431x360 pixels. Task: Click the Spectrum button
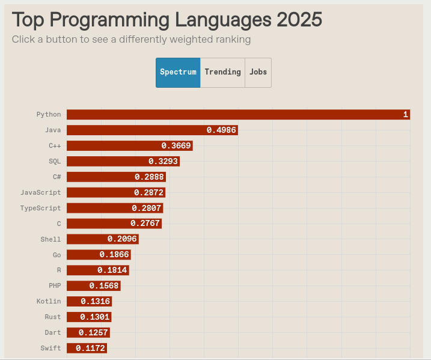click(x=178, y=72)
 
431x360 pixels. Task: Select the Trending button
click(x=222, y=72)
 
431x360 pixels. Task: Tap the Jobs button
click(x=258, y=72)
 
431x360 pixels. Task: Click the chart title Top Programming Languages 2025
click(x=167, y=19)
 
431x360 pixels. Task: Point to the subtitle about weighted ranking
click(x=131, y=40)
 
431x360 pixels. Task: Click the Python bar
click(x=238, y=114)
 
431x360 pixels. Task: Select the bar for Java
click(x=152, y=130)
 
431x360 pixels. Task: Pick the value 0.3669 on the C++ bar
click(x=176, y=145)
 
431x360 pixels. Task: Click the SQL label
click(x=55, y=161)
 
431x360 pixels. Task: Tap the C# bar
click(x=115, y=177)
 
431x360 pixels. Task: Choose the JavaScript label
click(x=41, y=192)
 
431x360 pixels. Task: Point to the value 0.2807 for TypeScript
click(x=147, y=208)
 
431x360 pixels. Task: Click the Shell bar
click(x=102, y=239)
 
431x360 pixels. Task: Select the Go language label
click(x=57, y=255)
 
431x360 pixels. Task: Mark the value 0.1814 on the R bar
click(x=112, y=270)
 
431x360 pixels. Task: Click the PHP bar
click(x=93, y=286)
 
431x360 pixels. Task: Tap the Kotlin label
click(x=49, y=302)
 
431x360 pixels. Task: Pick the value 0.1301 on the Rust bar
click(x=95, y=317)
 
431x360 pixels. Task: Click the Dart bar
click(x=88, y=333)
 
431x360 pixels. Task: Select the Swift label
click(x=50, y=349)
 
